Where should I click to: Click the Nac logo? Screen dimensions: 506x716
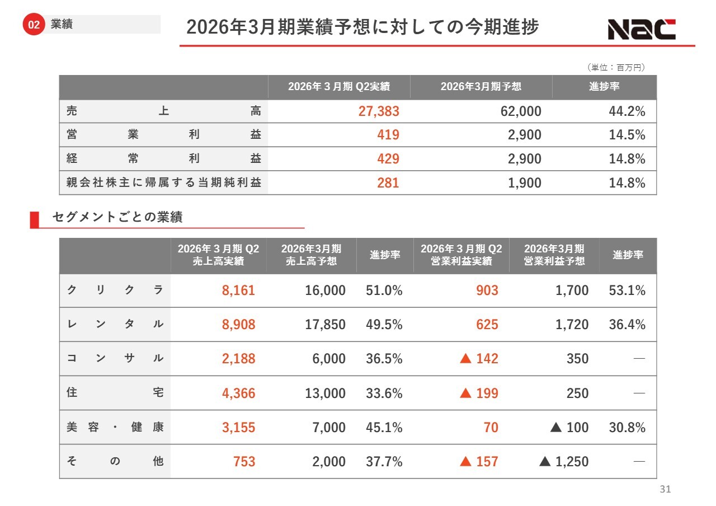pos(642,29)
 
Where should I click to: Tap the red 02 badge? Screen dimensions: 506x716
pos(34,25)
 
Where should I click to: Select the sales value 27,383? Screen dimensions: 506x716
pos(379,111)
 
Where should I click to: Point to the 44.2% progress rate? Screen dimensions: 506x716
pos(626,111)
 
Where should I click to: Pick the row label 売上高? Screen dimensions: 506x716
pos(163,111)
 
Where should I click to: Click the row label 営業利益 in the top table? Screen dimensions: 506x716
pos(163,135)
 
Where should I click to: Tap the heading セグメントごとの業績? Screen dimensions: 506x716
pos(117,218)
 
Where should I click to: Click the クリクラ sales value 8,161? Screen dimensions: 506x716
pos(238,291)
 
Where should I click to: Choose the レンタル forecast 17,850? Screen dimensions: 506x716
pos(325,325)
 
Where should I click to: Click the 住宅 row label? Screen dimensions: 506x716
pos(115,393)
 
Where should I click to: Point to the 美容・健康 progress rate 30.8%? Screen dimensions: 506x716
pos(626,428)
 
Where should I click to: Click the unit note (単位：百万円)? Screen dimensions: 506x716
pos(616,68)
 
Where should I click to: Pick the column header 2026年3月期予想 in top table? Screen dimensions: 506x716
pos(481,87)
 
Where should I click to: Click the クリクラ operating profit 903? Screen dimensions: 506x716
pos(487,291)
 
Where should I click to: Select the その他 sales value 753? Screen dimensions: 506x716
pos(244,462)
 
